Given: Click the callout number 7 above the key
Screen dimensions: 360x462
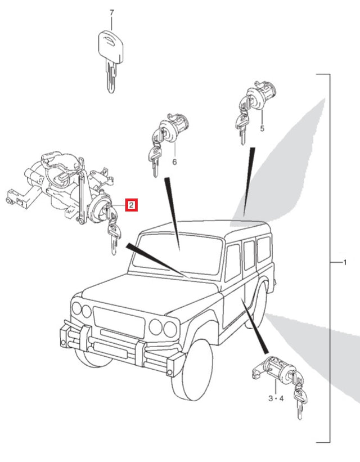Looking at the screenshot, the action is (111, 13).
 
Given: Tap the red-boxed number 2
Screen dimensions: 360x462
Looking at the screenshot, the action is (132, 205).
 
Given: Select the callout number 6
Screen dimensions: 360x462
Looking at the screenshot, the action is (174, 162).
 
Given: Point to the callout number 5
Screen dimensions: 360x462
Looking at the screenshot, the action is (262, 128).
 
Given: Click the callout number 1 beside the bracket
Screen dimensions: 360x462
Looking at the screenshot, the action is (345, 262).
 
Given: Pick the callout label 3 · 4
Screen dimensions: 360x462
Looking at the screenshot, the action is (276, 398).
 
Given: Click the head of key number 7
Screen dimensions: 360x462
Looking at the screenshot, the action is (110, 47).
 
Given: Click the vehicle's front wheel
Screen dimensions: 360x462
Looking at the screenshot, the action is (192, 370).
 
